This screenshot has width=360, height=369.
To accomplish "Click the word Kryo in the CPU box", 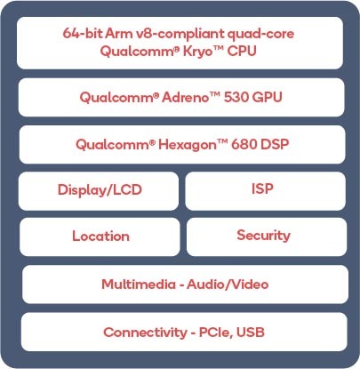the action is pyautogui.click(x=198, y=52).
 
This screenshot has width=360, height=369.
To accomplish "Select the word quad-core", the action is pyautogui.click(x=260, y=35).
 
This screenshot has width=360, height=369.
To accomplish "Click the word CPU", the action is pyautogui.click(x=242, y=51).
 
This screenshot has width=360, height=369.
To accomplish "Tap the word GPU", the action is pyautogui.click(x=268, y=97).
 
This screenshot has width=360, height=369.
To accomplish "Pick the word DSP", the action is pyautogui.click(x=275, y=144).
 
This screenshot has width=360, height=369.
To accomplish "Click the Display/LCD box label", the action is pyautogui.click(x=100, y=190).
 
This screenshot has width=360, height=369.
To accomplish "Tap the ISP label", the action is pyautogui.click(x=262, y=189).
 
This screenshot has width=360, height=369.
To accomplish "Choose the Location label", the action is pyautogui.click(x=100, y=237).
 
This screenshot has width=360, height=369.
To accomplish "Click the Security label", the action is pyautogui.click(x=263, y=236).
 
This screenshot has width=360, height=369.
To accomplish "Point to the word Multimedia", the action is pyautogui.click(x=139, y=285).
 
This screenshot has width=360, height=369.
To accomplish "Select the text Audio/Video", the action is pyautogui.click(x=228, y=285).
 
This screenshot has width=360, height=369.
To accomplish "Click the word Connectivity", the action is pyautogui.click(x=145, y=333).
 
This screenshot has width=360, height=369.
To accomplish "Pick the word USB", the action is pyautogui.click(x=251, y=332).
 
